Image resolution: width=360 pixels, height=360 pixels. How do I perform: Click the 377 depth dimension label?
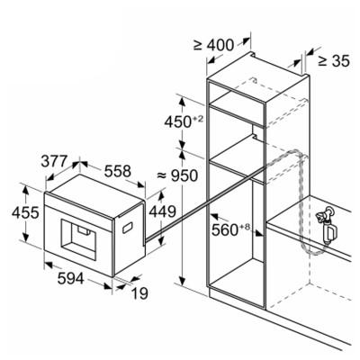click(x=54, y=161)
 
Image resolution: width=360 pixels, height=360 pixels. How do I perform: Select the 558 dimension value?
click(x=118, y=171)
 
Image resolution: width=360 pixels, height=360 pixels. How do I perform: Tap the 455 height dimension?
click(x=25, y=212)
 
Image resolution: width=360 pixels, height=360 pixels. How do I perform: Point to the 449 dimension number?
click(x=162, y=211)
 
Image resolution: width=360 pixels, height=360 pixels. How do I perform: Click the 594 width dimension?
click(x=71, y=279)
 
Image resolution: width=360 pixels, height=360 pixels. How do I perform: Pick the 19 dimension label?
click(x=139, y=293)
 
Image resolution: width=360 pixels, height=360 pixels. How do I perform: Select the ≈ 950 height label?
click(x=177, y=175)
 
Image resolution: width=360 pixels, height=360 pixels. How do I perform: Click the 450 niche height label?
click(x=184, y=121)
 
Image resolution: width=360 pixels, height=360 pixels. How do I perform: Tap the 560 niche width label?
click(x=230, y=229)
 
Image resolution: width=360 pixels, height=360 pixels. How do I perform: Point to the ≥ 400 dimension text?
click(x=213, y=45)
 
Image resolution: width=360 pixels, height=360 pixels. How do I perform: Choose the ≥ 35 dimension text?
click(x=334, y=61)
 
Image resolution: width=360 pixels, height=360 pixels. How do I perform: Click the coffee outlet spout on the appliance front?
click(x=85, y=229)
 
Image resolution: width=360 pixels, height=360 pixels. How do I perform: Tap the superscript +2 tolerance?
click(x=198, y=119)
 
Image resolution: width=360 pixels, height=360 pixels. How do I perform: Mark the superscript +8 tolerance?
click(x=245, y=227)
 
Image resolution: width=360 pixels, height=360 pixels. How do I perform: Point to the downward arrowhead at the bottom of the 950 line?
click(x=182, y=281)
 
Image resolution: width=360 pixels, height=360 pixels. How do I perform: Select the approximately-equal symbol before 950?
click(x=162, y=175)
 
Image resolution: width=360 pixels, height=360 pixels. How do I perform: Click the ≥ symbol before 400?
click(x=198, y=45)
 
